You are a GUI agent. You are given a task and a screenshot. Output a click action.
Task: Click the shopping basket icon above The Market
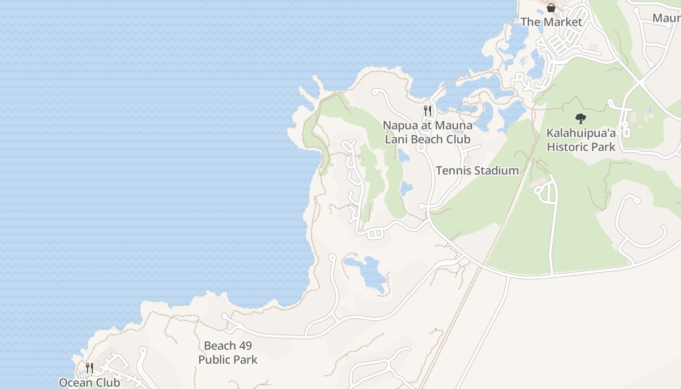click(551, 8)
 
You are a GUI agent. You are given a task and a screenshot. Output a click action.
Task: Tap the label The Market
click(551, 22)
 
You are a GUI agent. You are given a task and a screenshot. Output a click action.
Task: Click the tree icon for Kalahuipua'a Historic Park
click(580, 118)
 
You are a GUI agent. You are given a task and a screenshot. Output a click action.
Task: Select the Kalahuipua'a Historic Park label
click(581, 140)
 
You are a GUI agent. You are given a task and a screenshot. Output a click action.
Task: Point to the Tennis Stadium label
click(477, 171)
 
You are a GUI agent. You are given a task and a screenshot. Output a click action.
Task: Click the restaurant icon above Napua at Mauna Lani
click(428, 110)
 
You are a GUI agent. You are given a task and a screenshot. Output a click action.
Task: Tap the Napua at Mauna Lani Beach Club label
click(428, 132)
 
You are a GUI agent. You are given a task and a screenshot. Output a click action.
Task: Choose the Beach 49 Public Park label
click(228, 353)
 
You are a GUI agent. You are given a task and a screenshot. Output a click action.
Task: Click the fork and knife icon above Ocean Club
click(90, 368)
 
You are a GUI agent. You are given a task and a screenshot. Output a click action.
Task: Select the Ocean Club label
click(90, 382)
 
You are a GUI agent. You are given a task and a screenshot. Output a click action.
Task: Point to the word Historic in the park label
click(566, 147)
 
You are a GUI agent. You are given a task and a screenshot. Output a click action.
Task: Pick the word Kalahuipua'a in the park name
click(581, 133)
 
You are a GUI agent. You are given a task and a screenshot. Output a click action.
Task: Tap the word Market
click(563, 22)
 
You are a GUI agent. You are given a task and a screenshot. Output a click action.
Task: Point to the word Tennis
click(453, 171)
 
